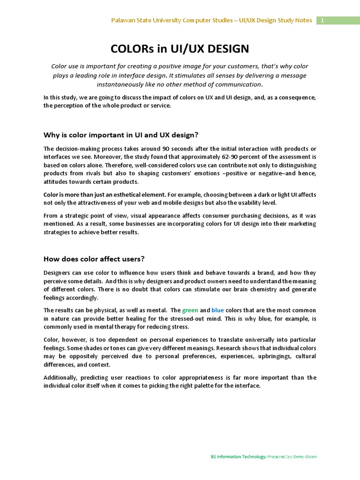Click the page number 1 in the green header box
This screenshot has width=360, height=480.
coord(322,21)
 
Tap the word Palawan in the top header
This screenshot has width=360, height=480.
coord(123,21)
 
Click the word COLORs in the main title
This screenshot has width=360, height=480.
coord(129,49)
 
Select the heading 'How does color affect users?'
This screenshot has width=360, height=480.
coord(94,258)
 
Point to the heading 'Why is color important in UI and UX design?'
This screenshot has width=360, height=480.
coord(121,135)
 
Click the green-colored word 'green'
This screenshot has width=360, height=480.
coord(190,310)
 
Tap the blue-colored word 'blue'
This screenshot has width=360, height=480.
coord(218,310)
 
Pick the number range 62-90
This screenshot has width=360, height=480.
coord(242,157)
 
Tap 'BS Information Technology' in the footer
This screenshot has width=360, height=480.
coord(239,457)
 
